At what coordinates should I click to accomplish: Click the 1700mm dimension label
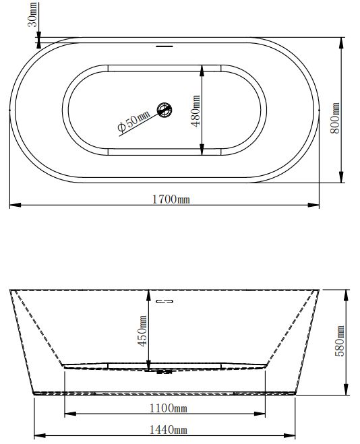(x=171, y=199)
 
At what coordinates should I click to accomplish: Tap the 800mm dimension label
(x=335, y=118)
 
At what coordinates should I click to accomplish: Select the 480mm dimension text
(x=196, y=111)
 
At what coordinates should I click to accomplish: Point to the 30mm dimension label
(x=32, y=14)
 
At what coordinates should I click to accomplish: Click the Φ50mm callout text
(x=133, y=121)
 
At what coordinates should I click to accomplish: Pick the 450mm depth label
(x=142, y=331)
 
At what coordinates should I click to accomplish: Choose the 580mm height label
(x=340, y=341)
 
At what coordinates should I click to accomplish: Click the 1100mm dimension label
(x=169, y=408)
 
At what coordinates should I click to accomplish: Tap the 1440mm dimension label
(x=169, y=430)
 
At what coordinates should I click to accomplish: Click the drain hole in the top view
(x=164, y=110)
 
